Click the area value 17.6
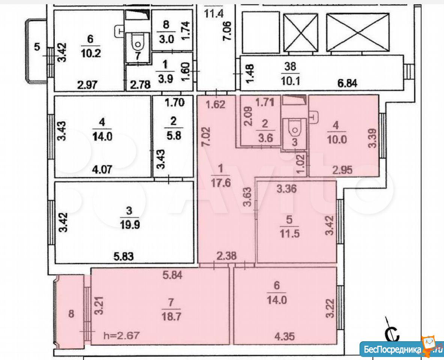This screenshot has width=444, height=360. pyautogui.click(x=221, y=183)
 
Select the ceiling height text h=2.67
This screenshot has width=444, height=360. pyautogui.click(x=121, y=336)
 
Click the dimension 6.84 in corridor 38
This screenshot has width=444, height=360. pyautogui.click(x=347, y=83)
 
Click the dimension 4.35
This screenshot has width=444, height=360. pyautogui.click(x=284, y=336)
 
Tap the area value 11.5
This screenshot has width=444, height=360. pyautogui.click(x=289, y=234)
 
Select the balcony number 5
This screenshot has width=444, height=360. pyautogui.click(x=37, y=46)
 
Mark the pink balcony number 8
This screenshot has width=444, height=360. pyautogui.click(x=71, y=313)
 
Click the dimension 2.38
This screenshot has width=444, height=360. pyautogui.click(x=227, y=256)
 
